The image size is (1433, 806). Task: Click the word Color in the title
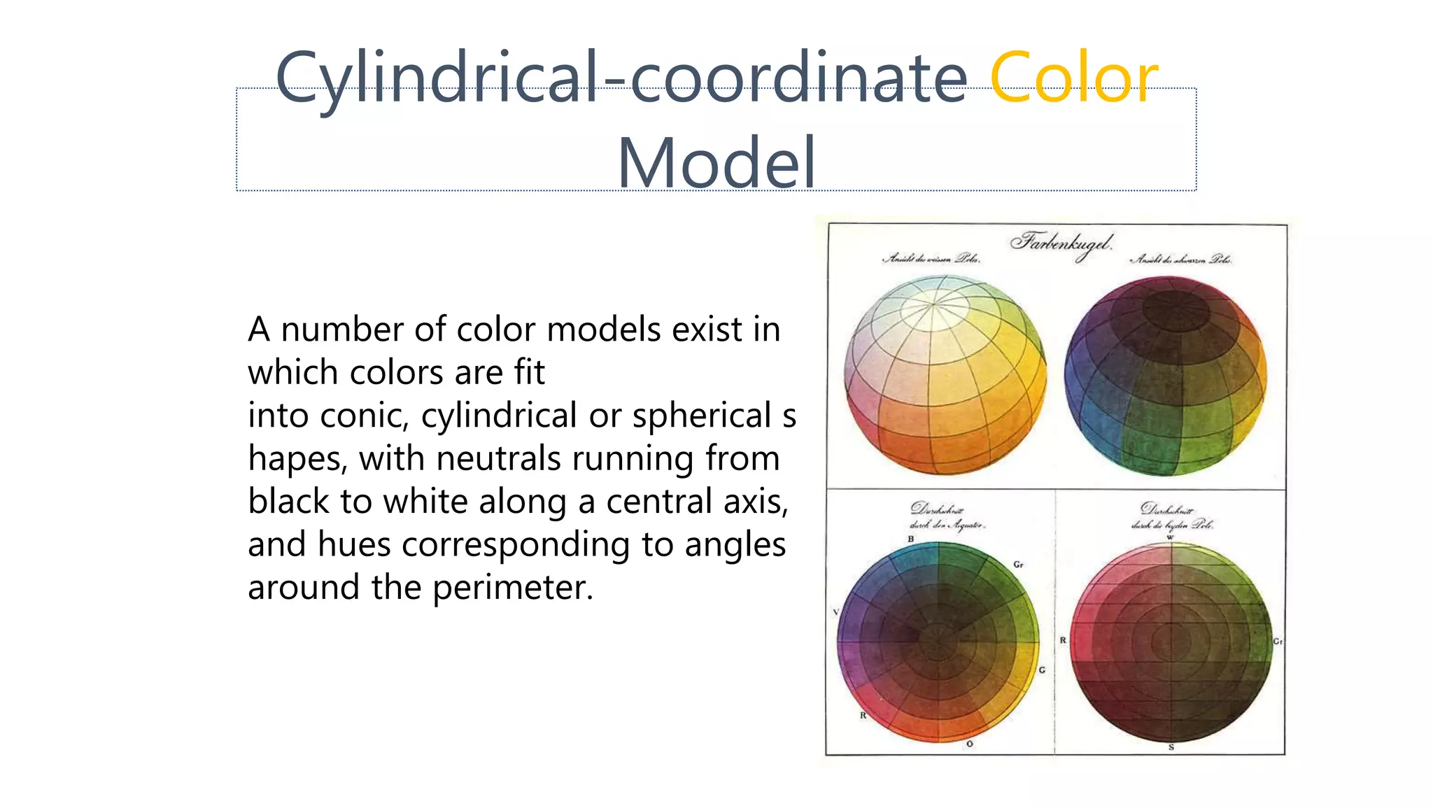pos(1073,78)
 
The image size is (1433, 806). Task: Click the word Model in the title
pos(716,163)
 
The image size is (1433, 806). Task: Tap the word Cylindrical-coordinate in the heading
pos(621,78)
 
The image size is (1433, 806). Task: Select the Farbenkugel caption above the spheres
pos(1060,243)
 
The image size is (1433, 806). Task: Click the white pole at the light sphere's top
pos(933,304)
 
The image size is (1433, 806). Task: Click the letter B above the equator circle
pos(910,539)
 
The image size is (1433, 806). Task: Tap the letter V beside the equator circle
pos(835,611)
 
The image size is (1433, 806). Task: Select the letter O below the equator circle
pos(969,744)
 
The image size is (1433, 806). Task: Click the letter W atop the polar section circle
pos(1170,537)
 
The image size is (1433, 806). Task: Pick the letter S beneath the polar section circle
pos(1171,747)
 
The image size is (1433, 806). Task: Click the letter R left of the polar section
pos(1063,640)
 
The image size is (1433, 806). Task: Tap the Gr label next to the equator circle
pos(1018,564)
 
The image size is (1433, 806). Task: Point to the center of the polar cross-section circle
pos(1171,641)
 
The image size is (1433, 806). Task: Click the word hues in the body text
pos(353,544)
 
